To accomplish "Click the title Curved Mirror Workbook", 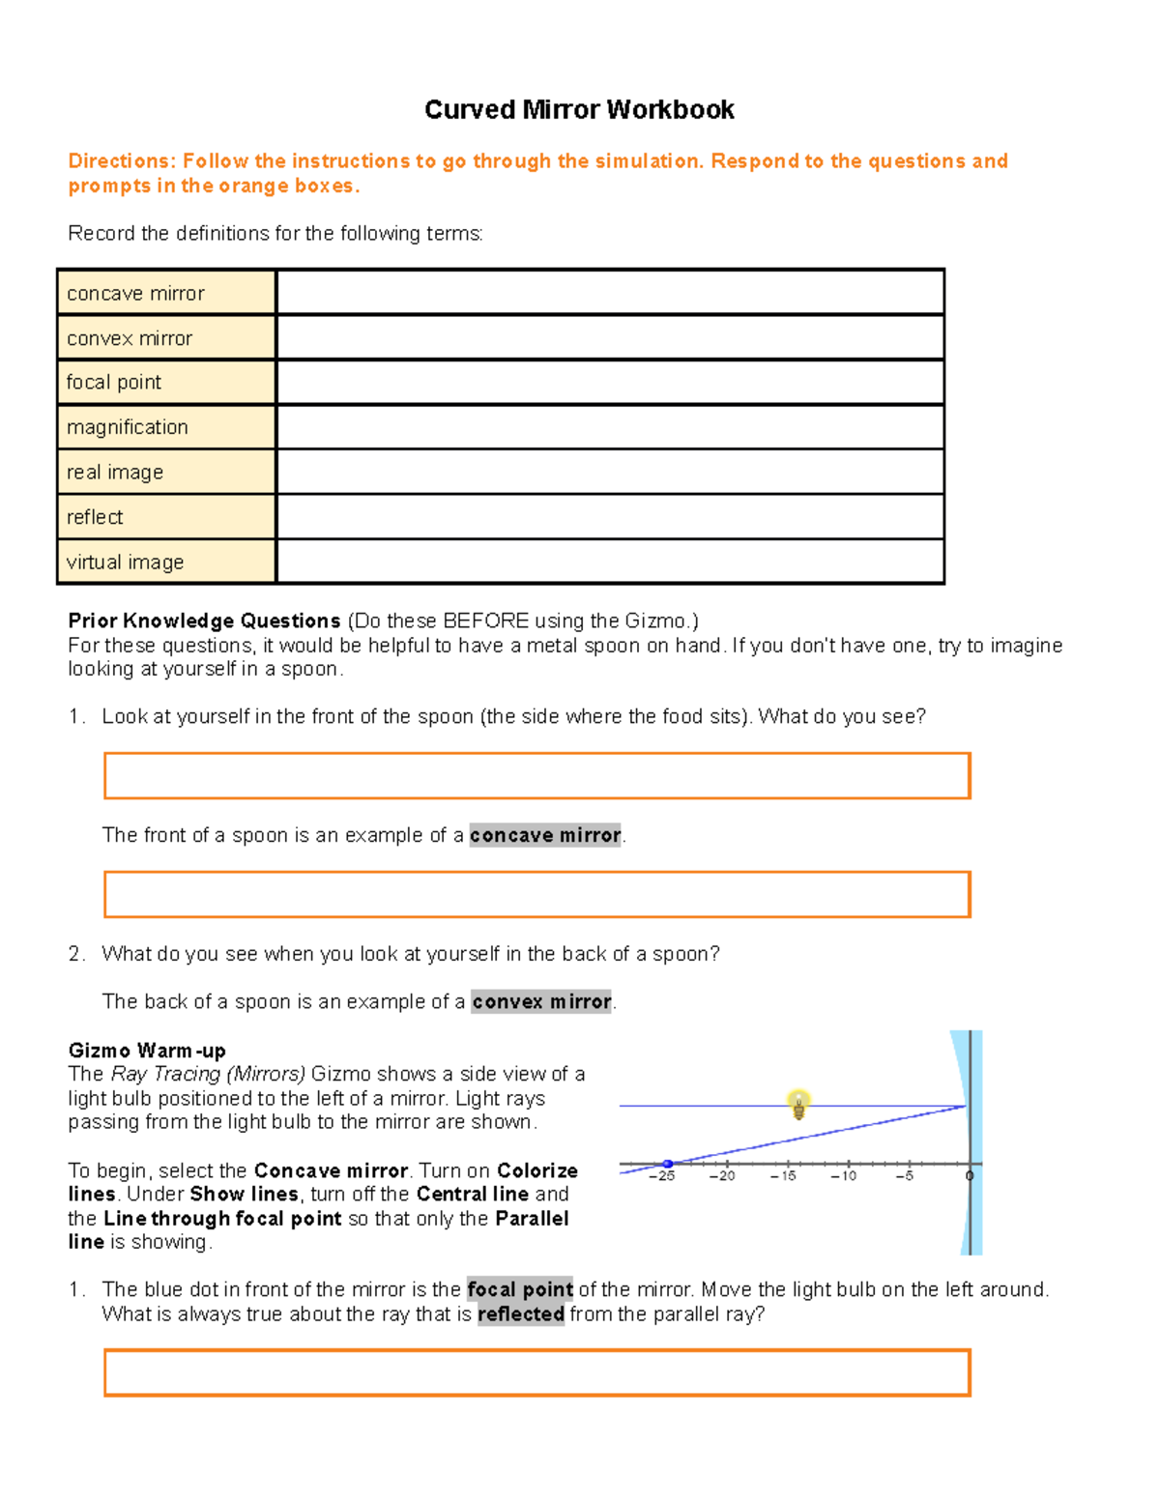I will click(579, 109).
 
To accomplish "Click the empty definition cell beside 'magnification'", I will click(609, 427).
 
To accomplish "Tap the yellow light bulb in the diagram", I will click(798, 1104).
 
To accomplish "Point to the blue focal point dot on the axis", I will click(667, 1164).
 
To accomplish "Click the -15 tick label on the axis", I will click(783, 1176).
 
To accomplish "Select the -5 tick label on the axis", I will click(904, 1176).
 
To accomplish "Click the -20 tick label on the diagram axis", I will click(721, 1176).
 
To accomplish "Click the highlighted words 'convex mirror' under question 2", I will click(541, 1001).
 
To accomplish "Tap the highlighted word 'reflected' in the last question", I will click(521, 1314).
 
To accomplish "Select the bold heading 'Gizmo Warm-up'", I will click(147, 1051).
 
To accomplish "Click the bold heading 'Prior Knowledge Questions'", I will click(204, 621).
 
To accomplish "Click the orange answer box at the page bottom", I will click(536, 1372).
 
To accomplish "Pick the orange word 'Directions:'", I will click(120, 160).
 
